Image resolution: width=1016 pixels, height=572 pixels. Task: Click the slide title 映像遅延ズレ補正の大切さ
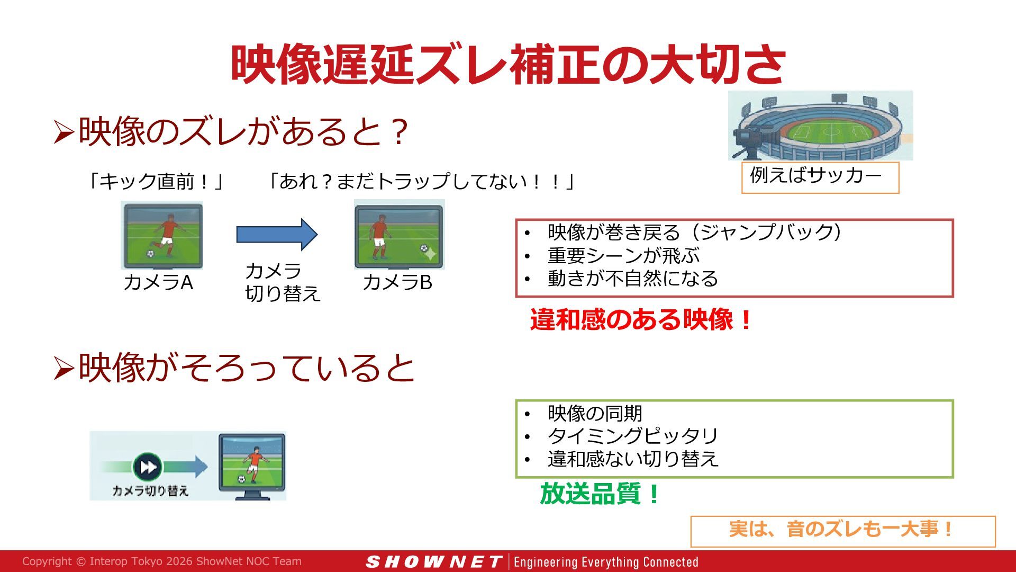508,65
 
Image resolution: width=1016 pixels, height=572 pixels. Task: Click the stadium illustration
820,125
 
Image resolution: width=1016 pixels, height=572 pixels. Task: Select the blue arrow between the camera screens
277,234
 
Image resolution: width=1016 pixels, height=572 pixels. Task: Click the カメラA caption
158,282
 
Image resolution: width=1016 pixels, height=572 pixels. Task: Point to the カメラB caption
397,282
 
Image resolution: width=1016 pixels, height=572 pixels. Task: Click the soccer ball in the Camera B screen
424,248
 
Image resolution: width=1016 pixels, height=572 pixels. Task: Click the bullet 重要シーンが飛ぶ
623,256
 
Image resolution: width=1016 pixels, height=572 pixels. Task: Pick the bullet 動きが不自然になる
633,279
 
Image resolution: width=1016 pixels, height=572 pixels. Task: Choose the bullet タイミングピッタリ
633,436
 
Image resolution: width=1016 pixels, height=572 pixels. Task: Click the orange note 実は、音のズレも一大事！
842,529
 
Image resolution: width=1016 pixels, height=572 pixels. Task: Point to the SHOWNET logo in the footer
434,561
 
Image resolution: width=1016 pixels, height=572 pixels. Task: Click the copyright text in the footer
162,561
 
